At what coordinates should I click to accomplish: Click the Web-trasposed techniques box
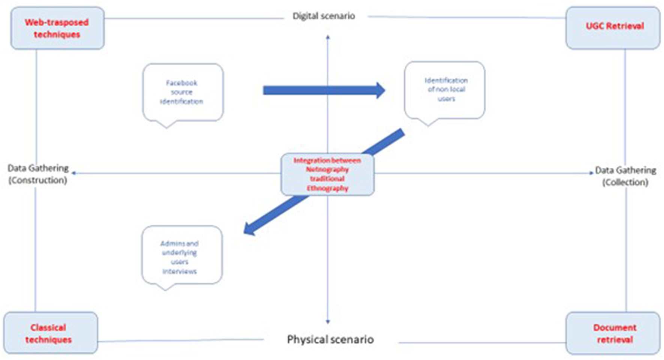57,28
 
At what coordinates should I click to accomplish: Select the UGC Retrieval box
613,27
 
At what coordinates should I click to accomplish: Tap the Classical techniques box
50,333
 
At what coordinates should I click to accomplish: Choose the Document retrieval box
613,333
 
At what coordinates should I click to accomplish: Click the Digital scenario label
324,16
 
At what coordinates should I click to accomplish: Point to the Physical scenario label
330,339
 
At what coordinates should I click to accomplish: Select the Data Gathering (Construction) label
38,174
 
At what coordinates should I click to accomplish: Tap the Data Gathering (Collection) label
625,176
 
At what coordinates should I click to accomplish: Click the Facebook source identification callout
182,92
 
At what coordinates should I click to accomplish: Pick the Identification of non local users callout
445,90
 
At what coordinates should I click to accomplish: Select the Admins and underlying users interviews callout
181,256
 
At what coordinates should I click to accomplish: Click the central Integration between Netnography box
327,174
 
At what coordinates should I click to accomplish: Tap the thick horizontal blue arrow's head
380,90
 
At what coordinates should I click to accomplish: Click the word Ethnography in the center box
328,188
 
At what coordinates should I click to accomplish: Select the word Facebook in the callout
181,83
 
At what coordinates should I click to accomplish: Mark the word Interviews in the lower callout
179,271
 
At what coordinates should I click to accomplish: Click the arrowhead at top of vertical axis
328,37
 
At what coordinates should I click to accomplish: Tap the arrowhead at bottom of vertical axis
328,321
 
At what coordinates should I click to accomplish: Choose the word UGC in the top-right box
595,26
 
